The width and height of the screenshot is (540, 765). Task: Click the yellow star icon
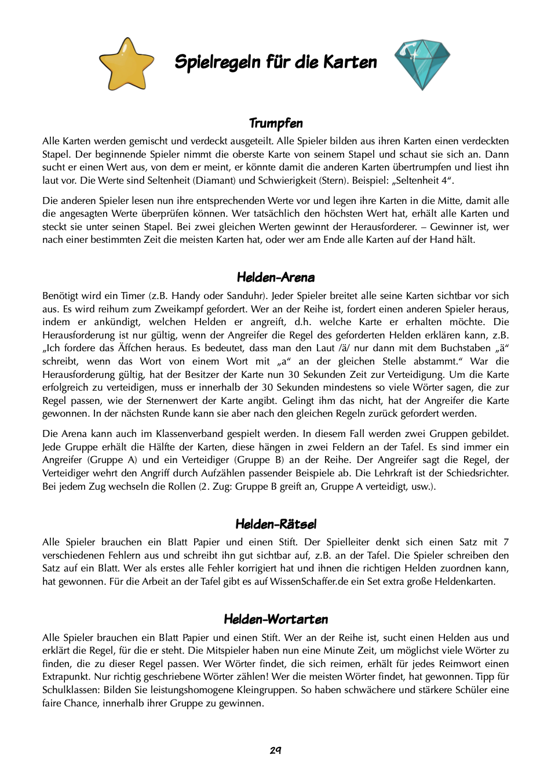[x=126, y=65]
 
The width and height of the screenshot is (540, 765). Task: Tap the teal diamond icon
[x=422, y=63]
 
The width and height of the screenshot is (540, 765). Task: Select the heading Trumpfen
[x=276, y=123]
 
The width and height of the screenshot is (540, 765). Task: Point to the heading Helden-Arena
[x=276, y=277]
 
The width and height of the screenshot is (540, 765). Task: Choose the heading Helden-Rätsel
[x=276, y=524]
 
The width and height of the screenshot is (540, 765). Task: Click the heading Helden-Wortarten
[x=276, y=619]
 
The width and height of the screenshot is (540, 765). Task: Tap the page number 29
[x=276, y=750]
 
